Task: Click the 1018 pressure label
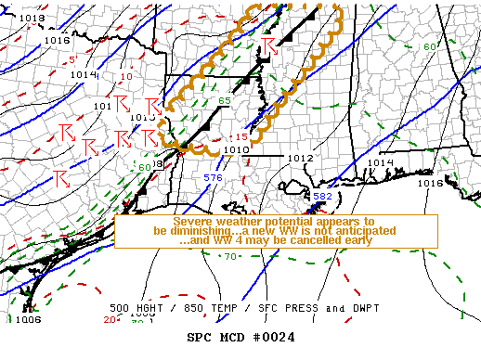pyautogui.click(x=32, y=18)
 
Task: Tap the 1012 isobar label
pyautogui.click(x=300, y=158)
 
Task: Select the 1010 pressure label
pyautogui.click(x=236, y=149)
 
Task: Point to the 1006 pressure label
pyautogui.click(x=28, y=319)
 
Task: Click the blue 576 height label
pyautogui.click(x=213, y=176)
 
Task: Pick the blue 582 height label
pyautogui.click(x=322, y=197)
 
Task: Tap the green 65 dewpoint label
pyautogui.click(x=224, y=100)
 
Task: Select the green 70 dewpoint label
pyautogui.click(x=229, y=255)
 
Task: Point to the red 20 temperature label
pyautogui.click(x=110, y=320)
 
